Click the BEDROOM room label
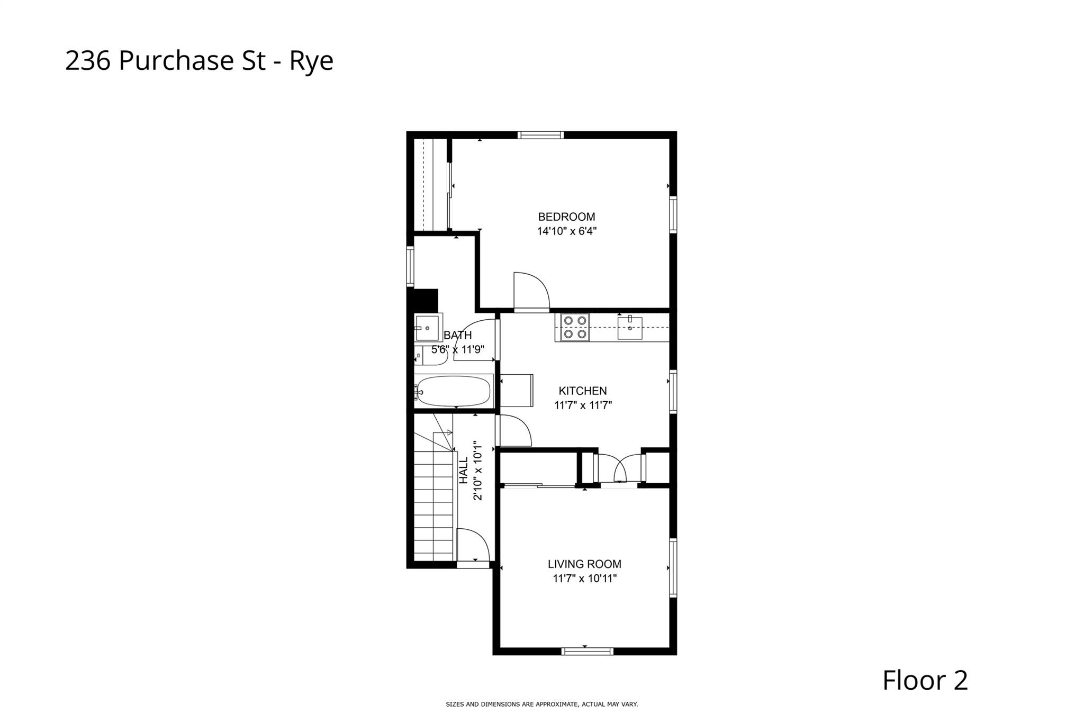(x=566, y=216)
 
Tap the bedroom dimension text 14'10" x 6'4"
(x=566, y=231)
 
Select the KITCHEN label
(x=582, y=391)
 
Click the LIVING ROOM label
(x=584, y=564)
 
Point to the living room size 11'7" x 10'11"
(x=584, y=579)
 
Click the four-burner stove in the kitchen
(x=574, y=327)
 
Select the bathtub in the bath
(x=453, y=392)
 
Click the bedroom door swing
(x=530, y=291)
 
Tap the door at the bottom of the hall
(x=473, y=546)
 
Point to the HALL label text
(x=464, y=470)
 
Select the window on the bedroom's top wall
(x=540, y=136)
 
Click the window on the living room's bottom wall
(x=587, y=651)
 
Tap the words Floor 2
(x=925, y=681)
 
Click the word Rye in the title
(x=311, y=61)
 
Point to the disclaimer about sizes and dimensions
(x=541, y=705)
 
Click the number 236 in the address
(x=88, y=61)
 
